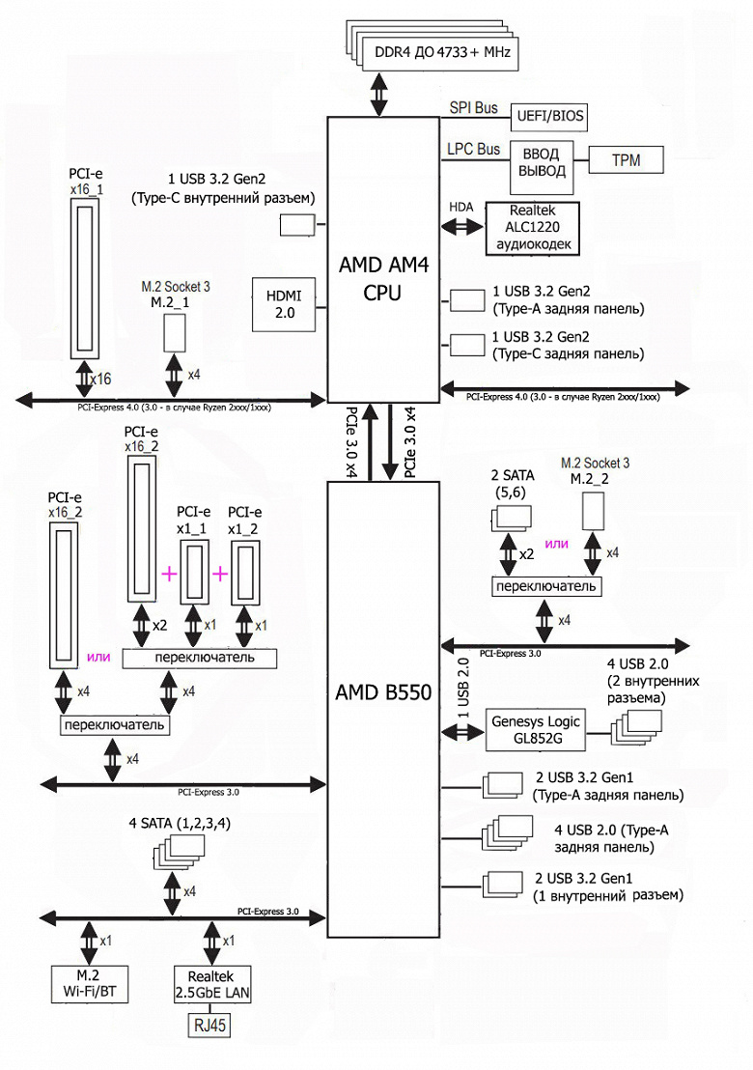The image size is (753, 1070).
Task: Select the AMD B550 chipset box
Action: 383,691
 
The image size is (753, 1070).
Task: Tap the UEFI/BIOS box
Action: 546,116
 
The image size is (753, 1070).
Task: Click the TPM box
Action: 625,159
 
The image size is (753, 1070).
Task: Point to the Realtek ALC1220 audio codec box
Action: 534,228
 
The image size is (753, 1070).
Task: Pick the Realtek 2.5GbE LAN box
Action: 209,986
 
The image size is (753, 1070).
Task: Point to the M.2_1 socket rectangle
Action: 174,332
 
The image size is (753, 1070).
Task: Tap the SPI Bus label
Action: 473,107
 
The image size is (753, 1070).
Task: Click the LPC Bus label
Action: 473,150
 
